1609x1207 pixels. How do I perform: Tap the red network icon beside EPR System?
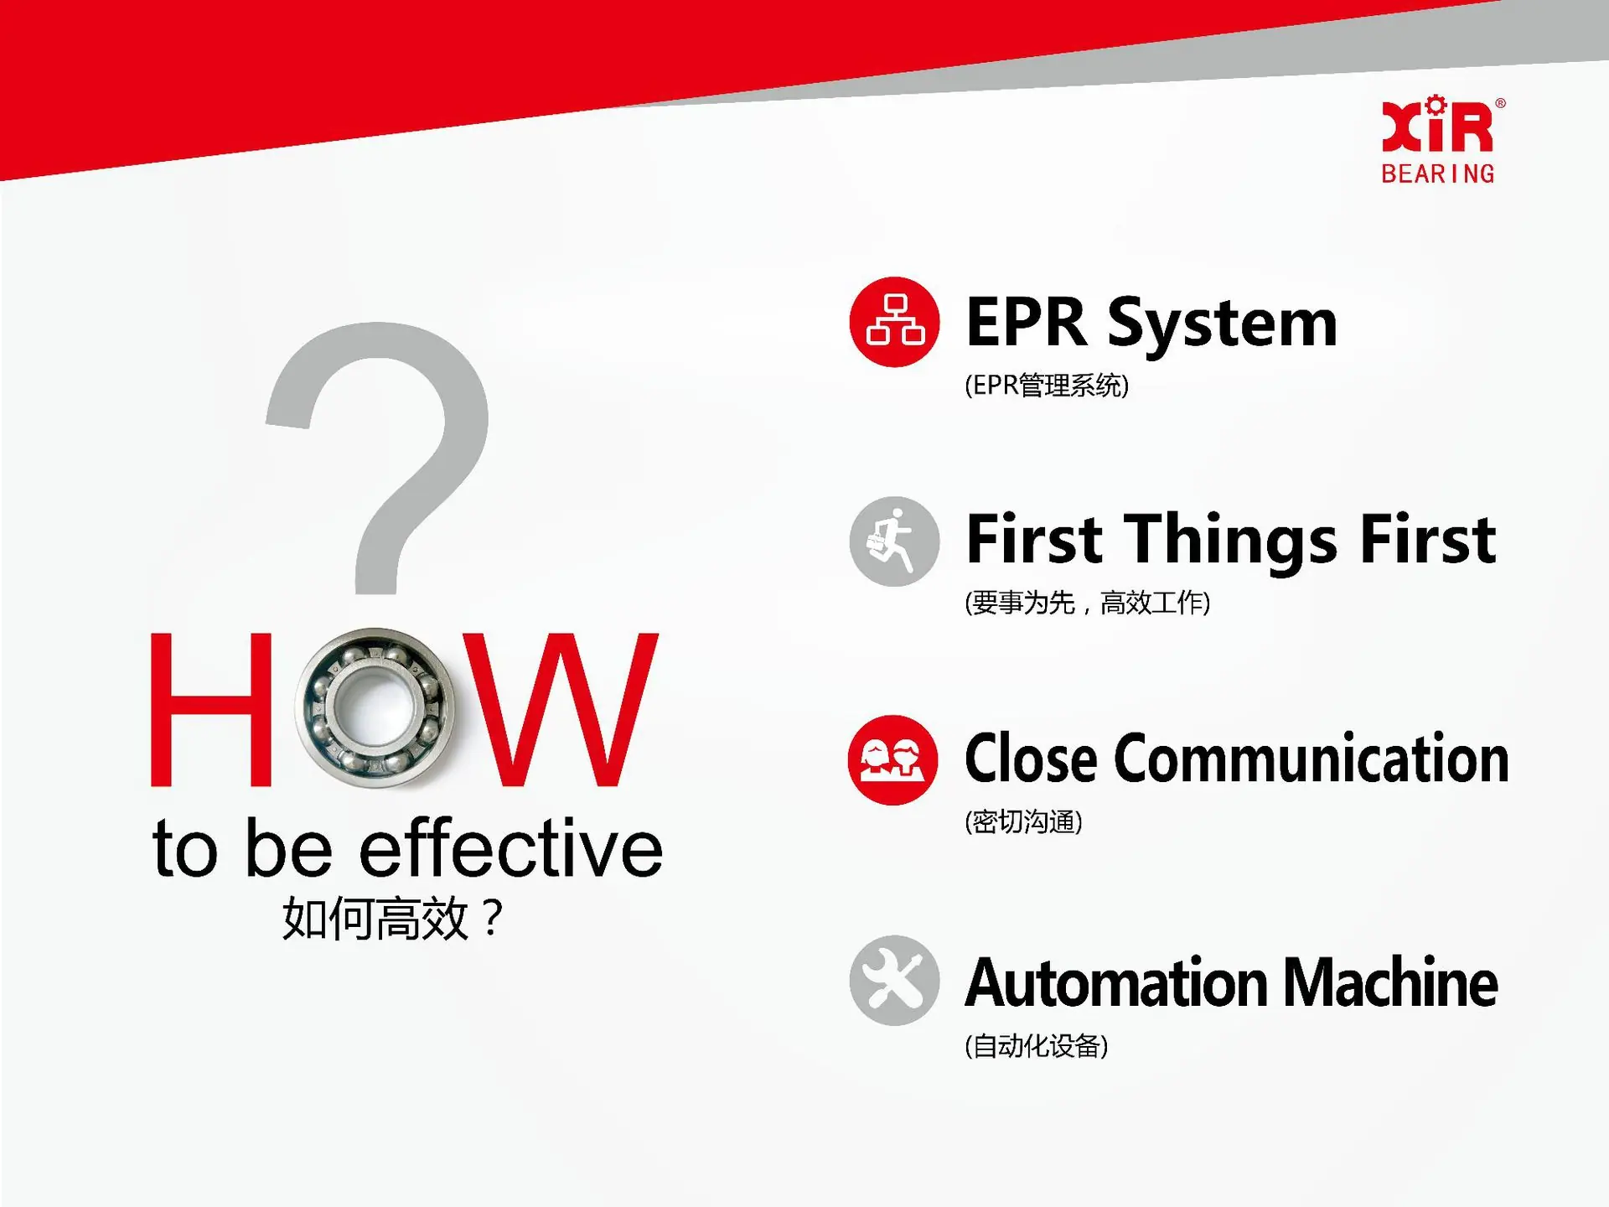894,322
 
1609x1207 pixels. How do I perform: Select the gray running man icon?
894,541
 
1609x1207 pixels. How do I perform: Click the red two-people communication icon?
893,760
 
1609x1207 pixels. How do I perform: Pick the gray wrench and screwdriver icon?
894,981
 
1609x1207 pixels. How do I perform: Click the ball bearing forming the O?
375,708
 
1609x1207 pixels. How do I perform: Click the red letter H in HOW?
211,709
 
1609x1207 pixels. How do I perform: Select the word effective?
511,848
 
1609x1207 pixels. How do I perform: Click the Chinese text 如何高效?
375,919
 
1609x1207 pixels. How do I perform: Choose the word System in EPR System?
1223,325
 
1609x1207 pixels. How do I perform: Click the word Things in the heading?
1231,541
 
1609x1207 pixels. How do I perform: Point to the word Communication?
1312,758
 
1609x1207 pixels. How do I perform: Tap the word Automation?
1117,982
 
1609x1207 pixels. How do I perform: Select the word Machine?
1390,982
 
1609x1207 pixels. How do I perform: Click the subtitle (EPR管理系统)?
1047,386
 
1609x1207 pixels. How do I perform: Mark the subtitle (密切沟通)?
1023,821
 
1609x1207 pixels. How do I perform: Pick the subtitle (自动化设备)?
1036,1046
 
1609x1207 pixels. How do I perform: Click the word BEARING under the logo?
1438,174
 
